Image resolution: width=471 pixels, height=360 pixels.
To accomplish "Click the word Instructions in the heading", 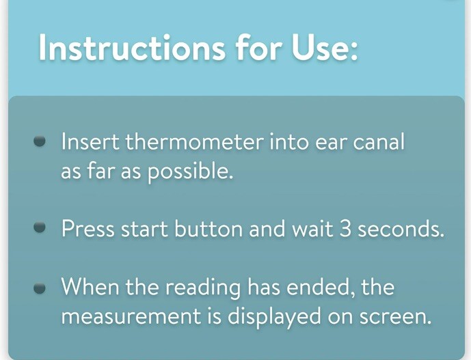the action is click(132, 47).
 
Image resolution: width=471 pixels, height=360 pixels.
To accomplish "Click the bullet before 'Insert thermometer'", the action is click(40, 141).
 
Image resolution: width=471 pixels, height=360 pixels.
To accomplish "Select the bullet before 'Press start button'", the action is click(40, 227).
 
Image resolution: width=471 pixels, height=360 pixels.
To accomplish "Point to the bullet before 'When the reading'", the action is click(40, 288).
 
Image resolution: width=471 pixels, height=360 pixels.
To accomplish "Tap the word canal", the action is click(379, 141).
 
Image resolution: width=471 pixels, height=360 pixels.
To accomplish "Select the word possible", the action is click(191, 172).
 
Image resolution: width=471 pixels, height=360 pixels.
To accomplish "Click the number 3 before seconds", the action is click(345, 228).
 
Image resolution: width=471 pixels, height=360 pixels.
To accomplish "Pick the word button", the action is click(208, 228).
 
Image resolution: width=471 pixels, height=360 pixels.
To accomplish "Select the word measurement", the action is click(131, 316).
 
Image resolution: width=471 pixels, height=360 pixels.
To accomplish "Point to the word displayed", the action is click(273, 317).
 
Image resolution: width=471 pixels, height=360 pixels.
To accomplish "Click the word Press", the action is click(88, 228).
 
